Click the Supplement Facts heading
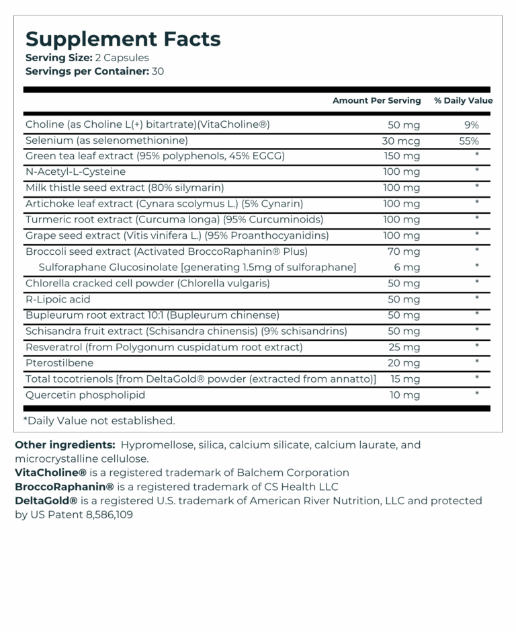pos(123,39)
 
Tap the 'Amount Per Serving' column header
pos(376,101)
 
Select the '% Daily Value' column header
pos(463,101)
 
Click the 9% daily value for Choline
pos(471,125)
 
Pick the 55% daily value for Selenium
pos(469,141)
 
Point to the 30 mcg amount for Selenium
pos(400,141)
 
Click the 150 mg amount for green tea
pos(401,157)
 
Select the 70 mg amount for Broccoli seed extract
pos(404,251)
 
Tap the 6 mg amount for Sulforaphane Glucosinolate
pos(406,268)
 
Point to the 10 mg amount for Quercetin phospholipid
pos(404,395)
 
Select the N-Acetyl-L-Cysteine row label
pos(75,172)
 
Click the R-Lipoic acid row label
pos(58,299)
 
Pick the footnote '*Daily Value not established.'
pos(99,421)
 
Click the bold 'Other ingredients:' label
pos(64,445)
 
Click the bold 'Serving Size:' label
pos(54,58)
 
